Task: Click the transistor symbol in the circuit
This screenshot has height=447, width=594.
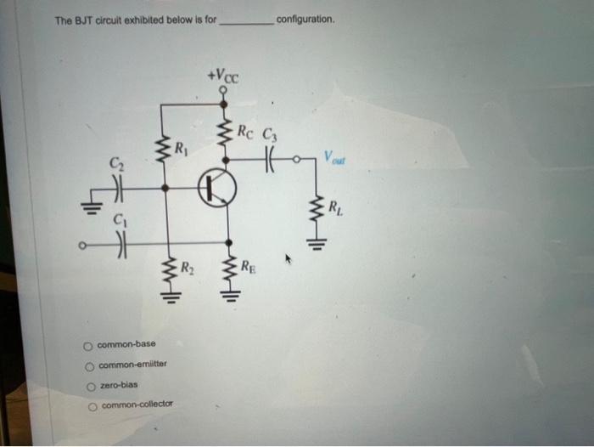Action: (x=216, y=190)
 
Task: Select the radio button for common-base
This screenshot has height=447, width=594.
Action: (x=87, y=345)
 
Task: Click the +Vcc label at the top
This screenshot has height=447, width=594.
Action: (x=223, y=77)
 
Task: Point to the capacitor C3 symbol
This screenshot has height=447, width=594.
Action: (x=270, y=158)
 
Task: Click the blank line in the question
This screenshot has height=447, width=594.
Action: (x=246, y=23)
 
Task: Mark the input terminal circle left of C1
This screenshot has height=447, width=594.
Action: (x=82, y=247)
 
